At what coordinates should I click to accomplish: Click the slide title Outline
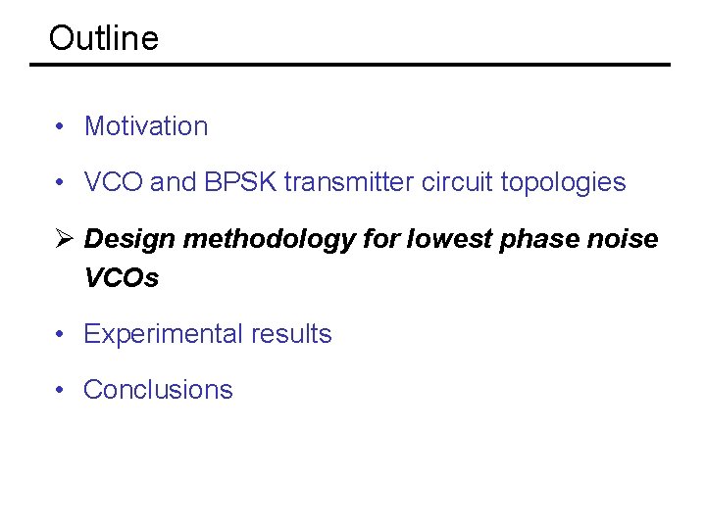103,38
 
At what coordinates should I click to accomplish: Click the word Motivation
146,126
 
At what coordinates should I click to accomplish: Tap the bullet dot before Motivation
61,126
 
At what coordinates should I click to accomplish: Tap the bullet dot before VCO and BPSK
61,182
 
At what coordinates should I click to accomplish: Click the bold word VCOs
122,278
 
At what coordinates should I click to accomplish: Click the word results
292,334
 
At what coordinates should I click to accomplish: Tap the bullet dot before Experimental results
61,334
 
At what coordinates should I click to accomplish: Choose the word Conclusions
158,390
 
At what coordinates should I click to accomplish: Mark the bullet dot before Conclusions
61,390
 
